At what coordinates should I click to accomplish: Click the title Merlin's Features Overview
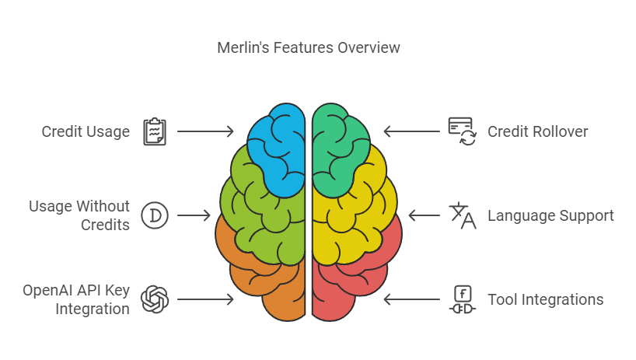(308, 48)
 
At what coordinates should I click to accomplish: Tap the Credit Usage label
(86, 131)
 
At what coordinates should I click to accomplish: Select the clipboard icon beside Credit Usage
(155, 131)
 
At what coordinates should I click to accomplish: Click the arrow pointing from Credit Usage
(205, 131)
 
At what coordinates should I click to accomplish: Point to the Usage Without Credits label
(79, 215)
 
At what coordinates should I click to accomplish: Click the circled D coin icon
(155, 215)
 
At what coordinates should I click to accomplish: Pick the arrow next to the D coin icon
(194, 215)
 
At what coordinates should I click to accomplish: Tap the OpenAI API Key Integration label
(76, 299)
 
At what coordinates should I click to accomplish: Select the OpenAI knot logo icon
(155, 299)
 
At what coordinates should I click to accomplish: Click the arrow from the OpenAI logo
(205, 299)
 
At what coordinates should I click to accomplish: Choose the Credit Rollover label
(537, 131)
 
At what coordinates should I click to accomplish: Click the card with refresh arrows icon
(463, 131)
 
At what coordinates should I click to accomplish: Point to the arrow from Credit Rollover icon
(412, 131)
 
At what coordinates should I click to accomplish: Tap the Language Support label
(550, 215)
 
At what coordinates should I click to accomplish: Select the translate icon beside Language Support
(463, 215)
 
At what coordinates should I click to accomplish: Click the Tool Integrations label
(546, 300)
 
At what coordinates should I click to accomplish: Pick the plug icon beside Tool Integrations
(463, 300)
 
